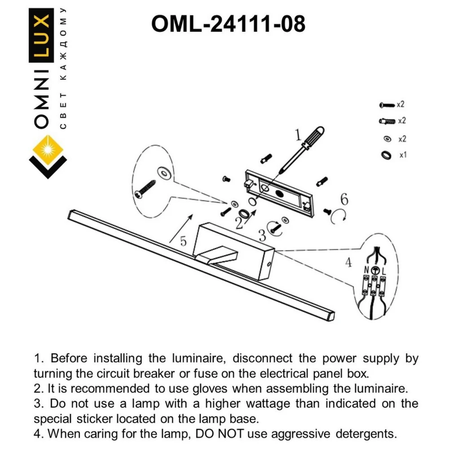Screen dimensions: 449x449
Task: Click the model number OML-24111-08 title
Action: pyautogui.click(x=228, y=24)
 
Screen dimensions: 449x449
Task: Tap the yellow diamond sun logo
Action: pyautogui.click(x=48, y=150)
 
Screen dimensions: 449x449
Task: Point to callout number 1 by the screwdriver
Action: pyautogui.click(x=299, y=135)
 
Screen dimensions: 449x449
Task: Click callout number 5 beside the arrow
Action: pyautogui.click(x=183, y=241)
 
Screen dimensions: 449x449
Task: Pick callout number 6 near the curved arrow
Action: pyautogui.click(x=344, y=199)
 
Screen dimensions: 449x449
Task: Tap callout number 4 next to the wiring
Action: pyautogui.click(x=348, y=262)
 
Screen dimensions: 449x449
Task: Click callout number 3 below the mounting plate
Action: pyautogui.click(x=262, y=236)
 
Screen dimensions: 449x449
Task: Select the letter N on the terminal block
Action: pyautogui.click(x=367, y=270)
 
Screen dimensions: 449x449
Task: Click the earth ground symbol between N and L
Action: pyautogui.click(x=375, y=270)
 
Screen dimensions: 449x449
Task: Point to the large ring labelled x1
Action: pyautogui.click(x=386, y=155)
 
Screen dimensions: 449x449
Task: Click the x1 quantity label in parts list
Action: pyautogui.click(x=403, y=155)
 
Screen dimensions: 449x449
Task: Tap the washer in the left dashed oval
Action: pyautogui.click(x=165, y=173)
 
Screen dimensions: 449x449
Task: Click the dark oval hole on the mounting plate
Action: pyautogui.click(x=280, y=194)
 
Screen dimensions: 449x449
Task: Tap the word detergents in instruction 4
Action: pyautogui.click(x=366, y=434)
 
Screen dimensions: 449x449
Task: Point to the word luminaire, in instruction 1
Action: pyautogui.click(x=199, y=358)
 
